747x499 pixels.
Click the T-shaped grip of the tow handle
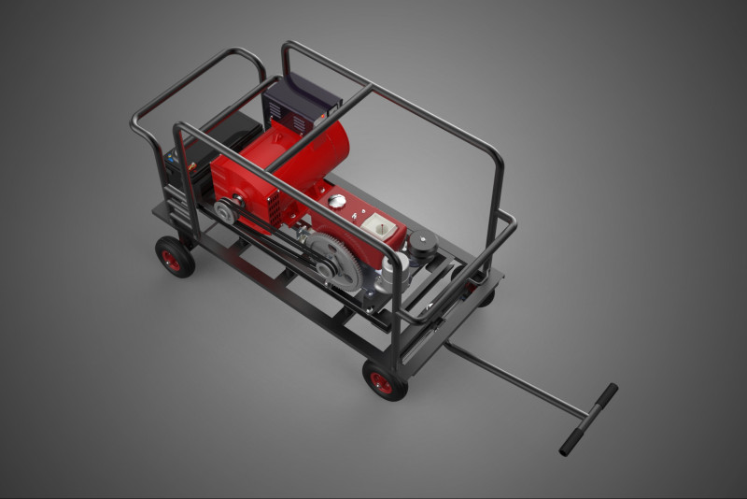pos(588,420)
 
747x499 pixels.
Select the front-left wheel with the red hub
pos(385,380)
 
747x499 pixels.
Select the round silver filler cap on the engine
pos(337,201)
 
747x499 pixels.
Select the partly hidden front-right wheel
pos(485,293)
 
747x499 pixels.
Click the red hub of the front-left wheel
pos(381,382)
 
